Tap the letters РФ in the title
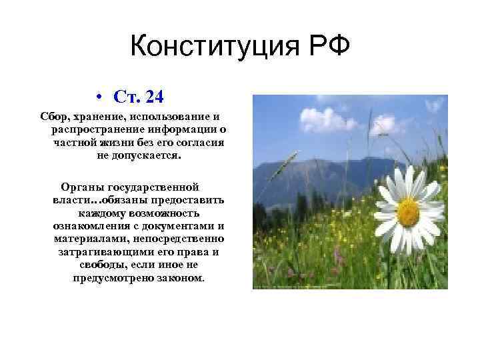(323, 47)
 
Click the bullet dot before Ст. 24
(98, 97)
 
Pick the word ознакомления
(90, 226)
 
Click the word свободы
(97, 265)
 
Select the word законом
(181, 277)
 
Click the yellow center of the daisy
(408, 212)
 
